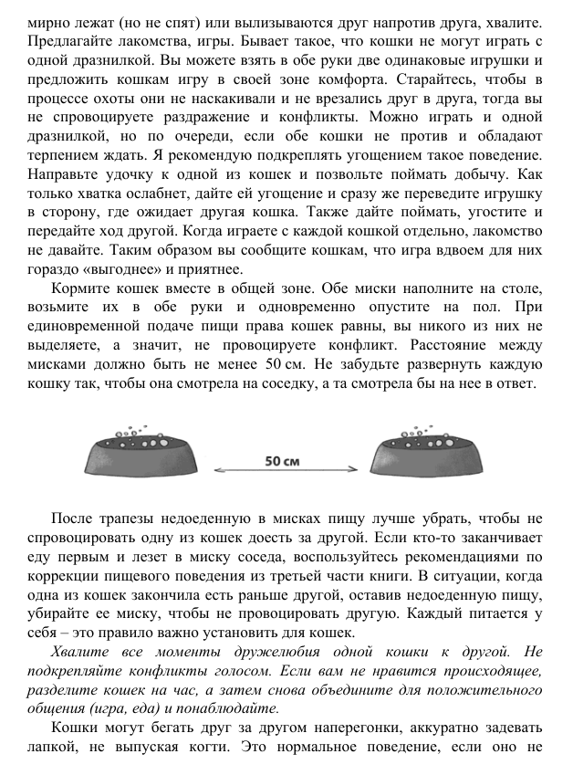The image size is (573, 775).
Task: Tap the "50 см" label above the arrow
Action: [282, 460]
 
